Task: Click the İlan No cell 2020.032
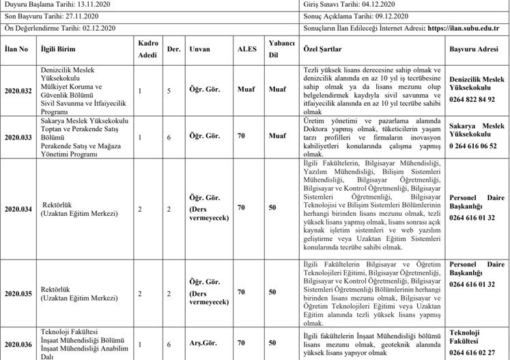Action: click(x=18, y=89)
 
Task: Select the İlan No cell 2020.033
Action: click(x=18, y=136)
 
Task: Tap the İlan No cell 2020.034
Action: click(x=18, y=208)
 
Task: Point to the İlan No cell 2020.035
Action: click(x=18, y=292)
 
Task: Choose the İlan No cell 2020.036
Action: click(x=18, y=344)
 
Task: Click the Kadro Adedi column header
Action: click(x=148, y=49)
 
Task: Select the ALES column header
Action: click(x=246, y=49)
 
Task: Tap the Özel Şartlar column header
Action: click(x=322, y=49)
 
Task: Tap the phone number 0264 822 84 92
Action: click(x=472, y=99)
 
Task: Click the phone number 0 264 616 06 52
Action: click(x=473, y=146)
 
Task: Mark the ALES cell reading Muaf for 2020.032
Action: click(x=246, y=89)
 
